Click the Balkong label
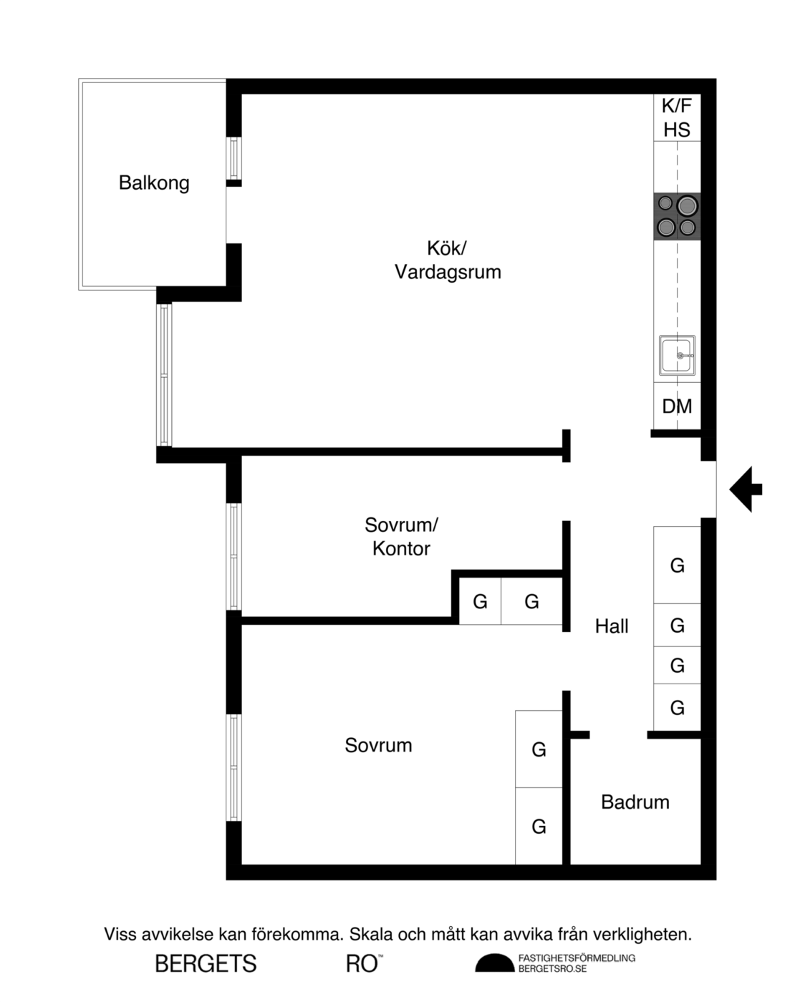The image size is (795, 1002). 154,183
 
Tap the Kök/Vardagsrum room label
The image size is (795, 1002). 448,261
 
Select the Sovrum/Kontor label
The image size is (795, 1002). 401,537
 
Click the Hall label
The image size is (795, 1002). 612,626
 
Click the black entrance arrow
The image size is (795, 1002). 746,490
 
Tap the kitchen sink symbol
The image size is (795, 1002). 677,355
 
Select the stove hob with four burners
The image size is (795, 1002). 677,217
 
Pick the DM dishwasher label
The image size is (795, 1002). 677,407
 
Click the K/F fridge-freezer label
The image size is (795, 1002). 677,106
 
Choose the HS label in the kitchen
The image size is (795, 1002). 677,130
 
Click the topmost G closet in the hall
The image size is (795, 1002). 677,565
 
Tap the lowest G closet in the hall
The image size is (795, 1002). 677,707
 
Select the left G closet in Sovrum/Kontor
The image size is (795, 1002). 480,601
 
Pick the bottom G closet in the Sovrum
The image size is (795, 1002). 539,827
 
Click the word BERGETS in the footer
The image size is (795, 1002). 206,964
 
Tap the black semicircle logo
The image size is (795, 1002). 494,963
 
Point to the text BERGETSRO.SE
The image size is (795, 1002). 553,969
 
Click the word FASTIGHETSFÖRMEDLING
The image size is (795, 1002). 577,958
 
